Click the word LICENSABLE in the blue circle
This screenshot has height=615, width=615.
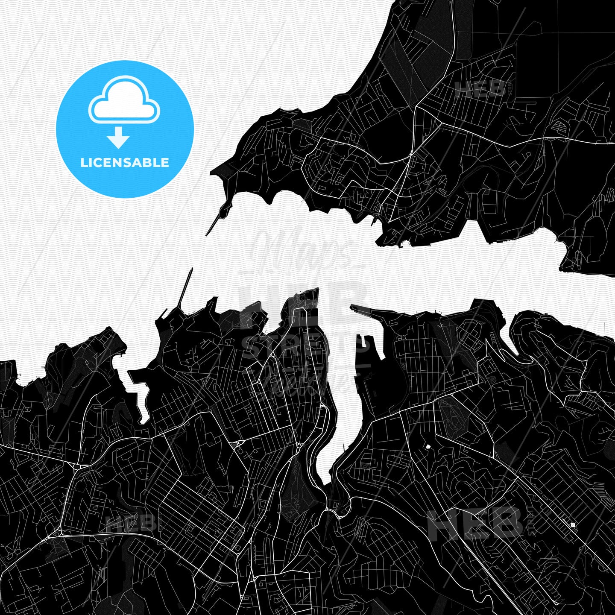(x=125, y=163)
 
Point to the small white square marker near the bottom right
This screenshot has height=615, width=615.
(x=573, y=524)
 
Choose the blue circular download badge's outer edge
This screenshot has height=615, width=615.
(x=58, y=129)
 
